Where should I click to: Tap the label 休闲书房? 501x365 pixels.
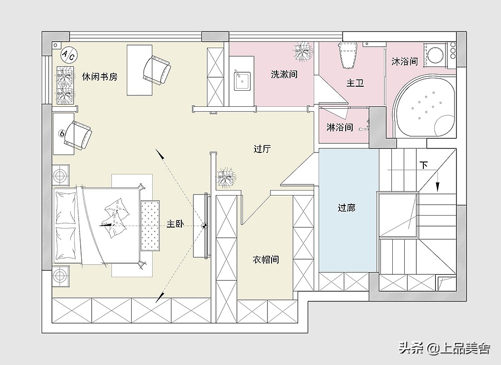click(x=100, y=77)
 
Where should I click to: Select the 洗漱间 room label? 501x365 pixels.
click(x=284, y=74)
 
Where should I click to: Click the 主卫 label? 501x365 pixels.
click(x=355, y=83)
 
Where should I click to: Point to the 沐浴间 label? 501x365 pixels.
click(x=405, y=62)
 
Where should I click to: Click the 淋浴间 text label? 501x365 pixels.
click(x=340, y=127)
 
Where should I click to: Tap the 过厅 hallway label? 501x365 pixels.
click(x=262, y=149)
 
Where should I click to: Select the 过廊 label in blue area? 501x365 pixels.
click(x=346, y=207)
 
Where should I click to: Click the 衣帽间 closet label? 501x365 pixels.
click(x=265, y=260)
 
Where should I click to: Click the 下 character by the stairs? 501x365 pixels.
click(x=424, y=165)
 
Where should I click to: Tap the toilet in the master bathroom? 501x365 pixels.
click(x=349, y=54)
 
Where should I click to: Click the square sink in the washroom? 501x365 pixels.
click(x=243, y=80)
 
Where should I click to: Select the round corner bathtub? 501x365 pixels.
click(x=425, y=106)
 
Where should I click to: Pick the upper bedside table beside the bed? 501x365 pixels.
click(x=62, y=175)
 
